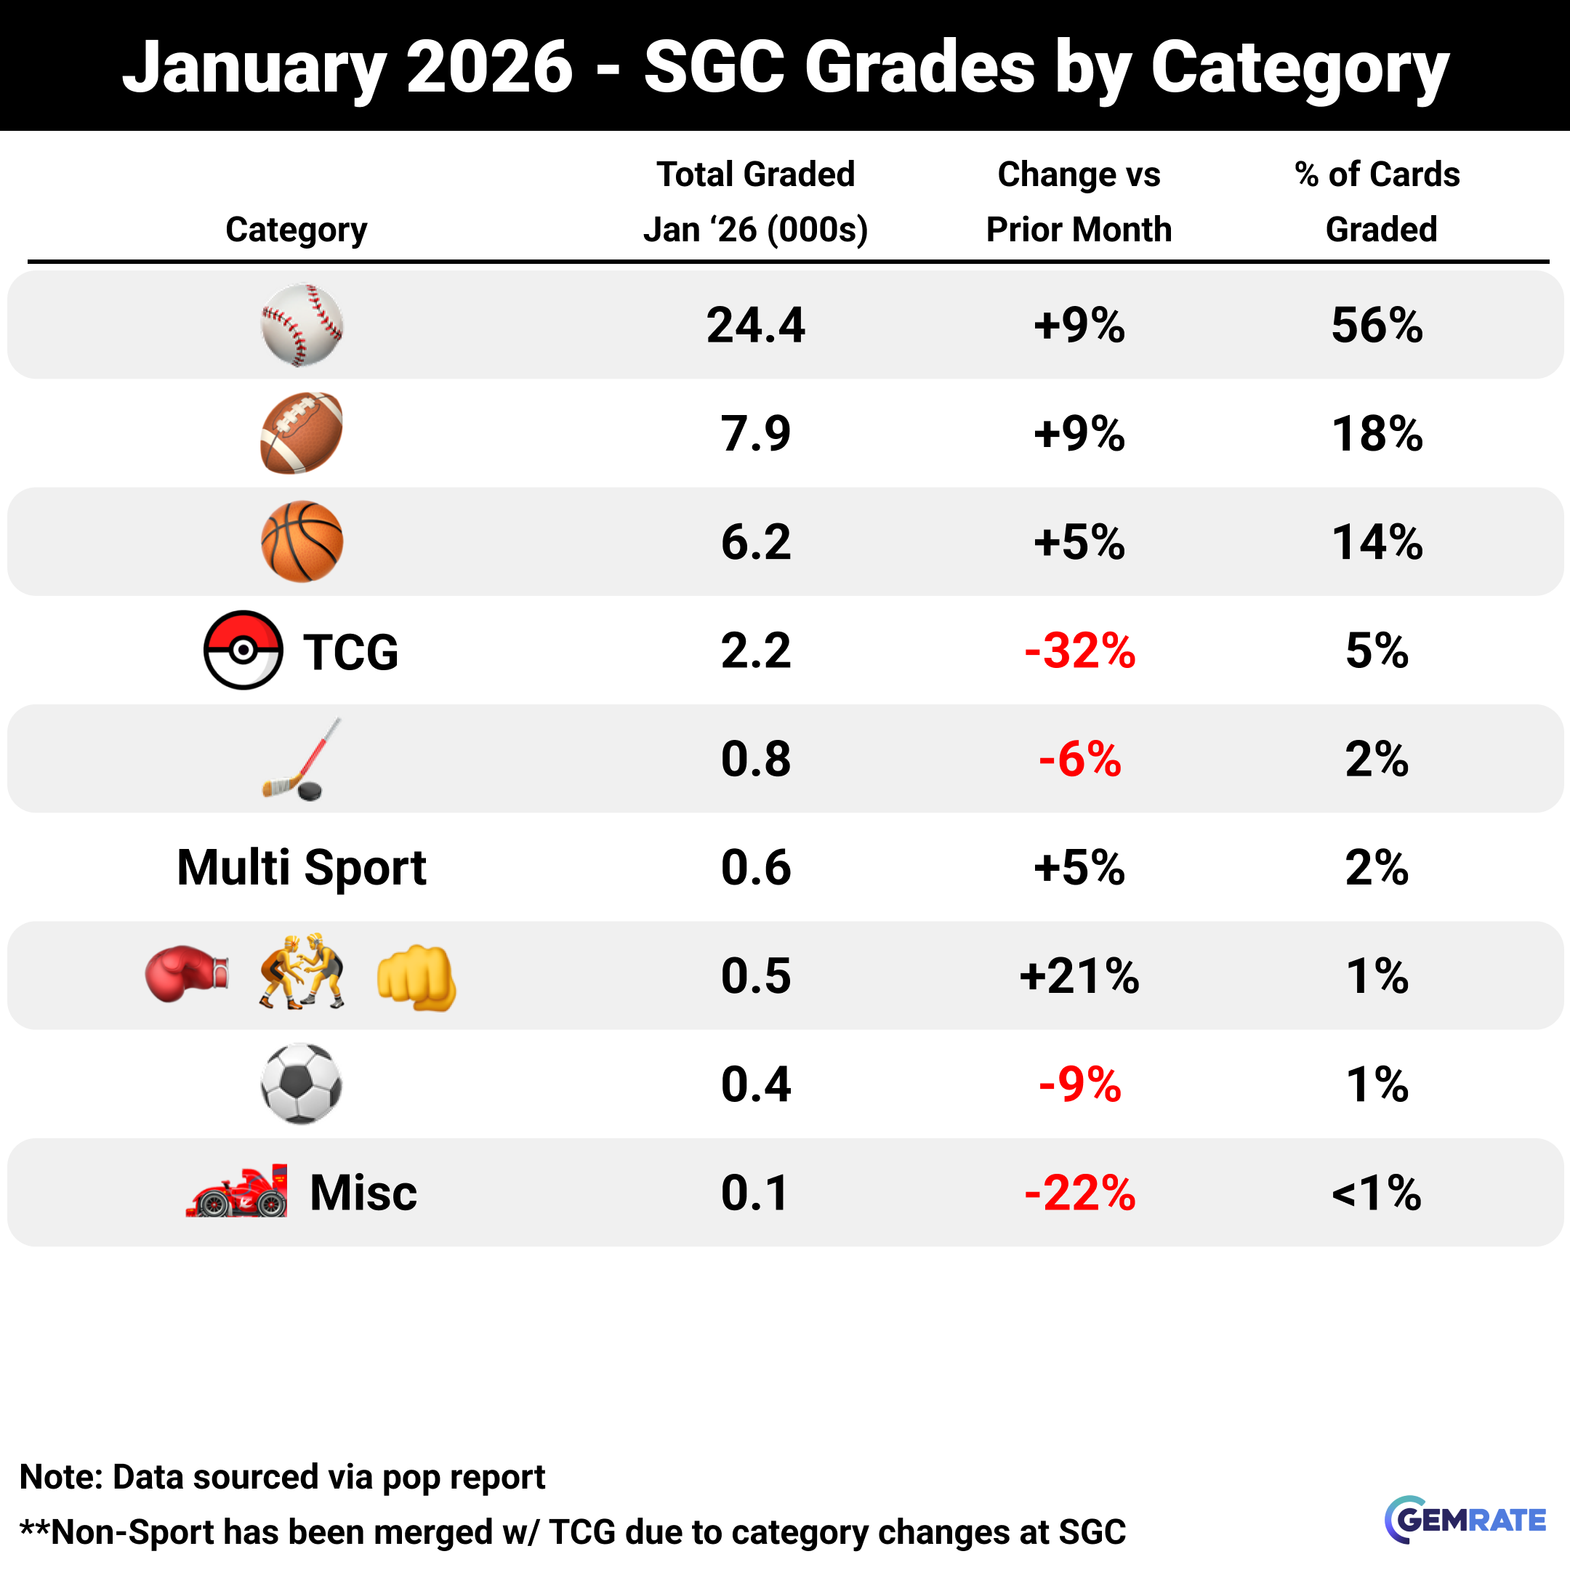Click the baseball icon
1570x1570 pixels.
pos(302,325)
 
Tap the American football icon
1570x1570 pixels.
pos(302,433)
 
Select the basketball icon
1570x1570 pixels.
pos(302,542)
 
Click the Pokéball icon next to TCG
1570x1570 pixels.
pos(243,650)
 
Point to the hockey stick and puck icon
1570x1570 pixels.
pos(297,760)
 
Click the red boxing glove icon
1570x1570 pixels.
pos(186,973)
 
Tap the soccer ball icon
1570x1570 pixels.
pos(302,1083)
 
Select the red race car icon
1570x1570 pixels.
pos(237,1192)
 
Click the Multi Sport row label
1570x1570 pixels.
pos(302,867)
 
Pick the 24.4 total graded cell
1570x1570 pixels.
pos(755,325)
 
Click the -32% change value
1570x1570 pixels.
pos(1079,651)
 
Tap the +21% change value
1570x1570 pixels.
pos(1079,975)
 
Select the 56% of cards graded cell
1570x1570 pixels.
pos(1377,325)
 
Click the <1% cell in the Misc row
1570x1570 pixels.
pos(1377,1193)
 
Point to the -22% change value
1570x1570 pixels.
pos(1079,1193)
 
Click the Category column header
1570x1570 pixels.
pos(296,230)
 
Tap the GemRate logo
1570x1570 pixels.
pos(1465,1520)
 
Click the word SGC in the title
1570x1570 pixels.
pos(714,67)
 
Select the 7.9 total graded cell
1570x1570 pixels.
pos(755,433)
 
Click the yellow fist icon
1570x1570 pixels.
pos(416,978)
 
